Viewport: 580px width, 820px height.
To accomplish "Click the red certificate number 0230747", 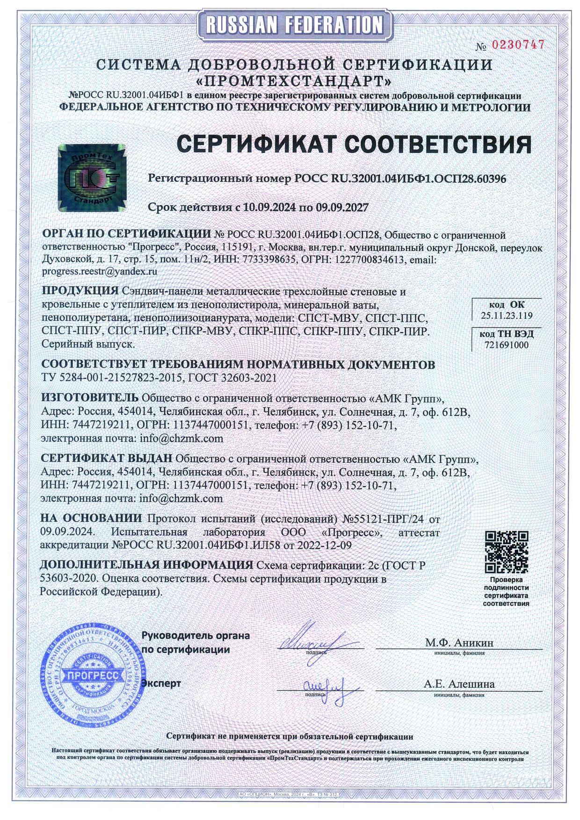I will tap(518, 45).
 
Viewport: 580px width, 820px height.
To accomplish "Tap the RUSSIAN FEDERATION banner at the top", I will tap(294, 25).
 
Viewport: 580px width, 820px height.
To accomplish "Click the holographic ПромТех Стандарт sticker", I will tap(92, 177).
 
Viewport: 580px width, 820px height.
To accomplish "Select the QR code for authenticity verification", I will tap(506, 552).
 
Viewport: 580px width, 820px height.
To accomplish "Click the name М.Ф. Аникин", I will tap(459, 642).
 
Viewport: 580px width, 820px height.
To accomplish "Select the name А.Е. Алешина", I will tap(459, 684).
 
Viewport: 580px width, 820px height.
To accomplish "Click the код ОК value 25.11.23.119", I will tap(507, 316).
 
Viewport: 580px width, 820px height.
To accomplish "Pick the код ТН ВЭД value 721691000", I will tap(507, 345).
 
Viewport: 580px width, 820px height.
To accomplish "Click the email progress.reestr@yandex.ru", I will tap(100, 271).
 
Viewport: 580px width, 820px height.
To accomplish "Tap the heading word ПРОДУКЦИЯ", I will tap(80, 290).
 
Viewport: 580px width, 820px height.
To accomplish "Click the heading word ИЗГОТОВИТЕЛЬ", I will tap(90, 397).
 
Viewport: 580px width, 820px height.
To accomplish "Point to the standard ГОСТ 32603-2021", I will tap(233, 378).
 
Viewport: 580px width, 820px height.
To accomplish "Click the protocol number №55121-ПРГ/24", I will tap(384, 519).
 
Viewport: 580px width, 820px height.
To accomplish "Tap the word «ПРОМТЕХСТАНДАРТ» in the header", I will tap(294, 81).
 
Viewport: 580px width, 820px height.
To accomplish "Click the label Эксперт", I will tap(161, 683).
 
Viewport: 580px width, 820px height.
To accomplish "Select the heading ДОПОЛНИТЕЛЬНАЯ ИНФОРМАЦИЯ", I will tap(146, 565).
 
